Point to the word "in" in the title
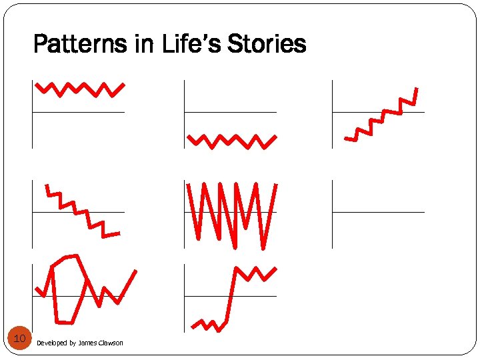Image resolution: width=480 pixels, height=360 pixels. tap(145, 45)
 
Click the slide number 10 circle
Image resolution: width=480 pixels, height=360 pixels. tap(19, 339)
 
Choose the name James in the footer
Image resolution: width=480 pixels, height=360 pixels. tap(87, 343)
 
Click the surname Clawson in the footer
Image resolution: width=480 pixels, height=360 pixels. tap(111, 343)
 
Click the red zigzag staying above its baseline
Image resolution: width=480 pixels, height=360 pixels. tap(80, 89)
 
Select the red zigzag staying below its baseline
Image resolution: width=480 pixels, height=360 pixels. tap(231, 141)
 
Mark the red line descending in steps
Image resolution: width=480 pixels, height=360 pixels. tap(81, 210)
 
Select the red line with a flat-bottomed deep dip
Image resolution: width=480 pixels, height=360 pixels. tap(65, 323)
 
